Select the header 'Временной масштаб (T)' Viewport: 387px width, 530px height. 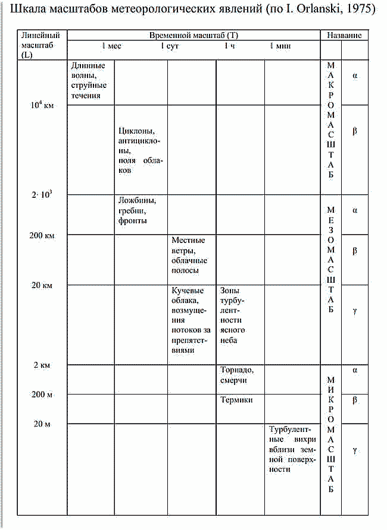tap(193, 36)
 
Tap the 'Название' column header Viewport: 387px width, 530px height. tap(344, 36)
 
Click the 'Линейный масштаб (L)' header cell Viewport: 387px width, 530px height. tap(40, 45)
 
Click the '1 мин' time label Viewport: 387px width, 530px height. tap(280, 46)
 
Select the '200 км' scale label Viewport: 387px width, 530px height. tap(42, 235)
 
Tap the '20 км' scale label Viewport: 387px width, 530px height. tap(42, 285)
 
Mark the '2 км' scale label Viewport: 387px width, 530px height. tap(42, 365)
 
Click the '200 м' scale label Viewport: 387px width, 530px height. tap(42, 395)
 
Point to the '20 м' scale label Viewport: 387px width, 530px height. tap(42, 424)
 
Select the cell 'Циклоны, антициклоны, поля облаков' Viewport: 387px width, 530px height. tap(141, 150)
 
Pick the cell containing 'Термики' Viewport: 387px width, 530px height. tap(237, 400)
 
